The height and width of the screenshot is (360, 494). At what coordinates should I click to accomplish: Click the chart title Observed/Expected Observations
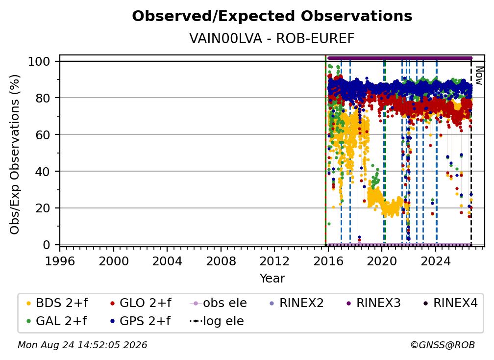click(x=272, y=16)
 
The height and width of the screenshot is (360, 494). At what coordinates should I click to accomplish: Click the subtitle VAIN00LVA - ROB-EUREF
click(x=272, y=38)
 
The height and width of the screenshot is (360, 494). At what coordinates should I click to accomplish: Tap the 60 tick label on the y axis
click(x=43, y=134)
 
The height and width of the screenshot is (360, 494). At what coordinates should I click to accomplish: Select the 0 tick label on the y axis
click(x=47, y=245)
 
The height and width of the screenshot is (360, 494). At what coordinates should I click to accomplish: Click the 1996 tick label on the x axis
click(x=60, y=261)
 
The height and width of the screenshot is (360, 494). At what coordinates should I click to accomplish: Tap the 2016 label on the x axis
click(x=328, y=261)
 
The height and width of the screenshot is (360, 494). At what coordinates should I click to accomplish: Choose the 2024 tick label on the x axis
click(x=436, y=261)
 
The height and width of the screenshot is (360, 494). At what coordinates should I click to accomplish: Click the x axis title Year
click(x=272, y=279)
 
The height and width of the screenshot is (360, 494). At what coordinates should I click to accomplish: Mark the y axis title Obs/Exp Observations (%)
click(x=15, y=154)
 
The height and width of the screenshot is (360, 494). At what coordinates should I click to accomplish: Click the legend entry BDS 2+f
click(x=57, y=303)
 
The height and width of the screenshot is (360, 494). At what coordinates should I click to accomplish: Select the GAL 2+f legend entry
click(x=57, y=321)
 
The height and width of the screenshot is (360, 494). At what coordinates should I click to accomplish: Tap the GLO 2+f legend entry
click(x=141, y=303)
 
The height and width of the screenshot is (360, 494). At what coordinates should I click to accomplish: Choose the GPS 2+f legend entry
click(x=140, y=321)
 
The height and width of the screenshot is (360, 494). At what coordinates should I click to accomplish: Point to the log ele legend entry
click(x=217, y=321)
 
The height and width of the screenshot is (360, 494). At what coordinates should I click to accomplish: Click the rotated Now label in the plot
click(x=478, y=76)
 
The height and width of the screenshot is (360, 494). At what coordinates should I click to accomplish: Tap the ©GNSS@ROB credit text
click(x=443, y=345)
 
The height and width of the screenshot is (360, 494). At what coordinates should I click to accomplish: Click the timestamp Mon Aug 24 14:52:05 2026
click(x=82, y=345)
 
